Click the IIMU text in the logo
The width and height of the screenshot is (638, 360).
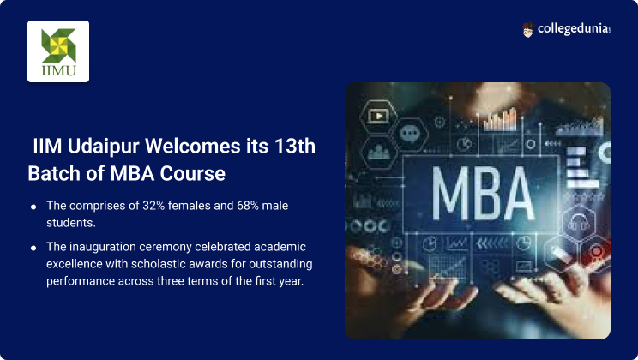[x=58, y=71]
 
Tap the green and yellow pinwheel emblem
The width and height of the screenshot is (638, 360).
[x=58, y=45]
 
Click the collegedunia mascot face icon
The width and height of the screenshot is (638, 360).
[x=527, y=30]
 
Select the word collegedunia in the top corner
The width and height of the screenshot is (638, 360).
[x=573, y=28]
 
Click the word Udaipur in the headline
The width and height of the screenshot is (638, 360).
[x=104, y=147]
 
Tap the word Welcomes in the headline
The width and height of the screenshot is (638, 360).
[x=192, y=146]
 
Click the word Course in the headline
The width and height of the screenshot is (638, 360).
[x=192, y=173]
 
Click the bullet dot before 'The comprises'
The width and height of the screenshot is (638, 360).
[x=33, y=207]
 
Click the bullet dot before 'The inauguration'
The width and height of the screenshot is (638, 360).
[x=33, y=248]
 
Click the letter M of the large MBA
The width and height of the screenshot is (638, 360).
[x=450, y=194]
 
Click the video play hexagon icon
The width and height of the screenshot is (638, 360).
[x=378, y=116]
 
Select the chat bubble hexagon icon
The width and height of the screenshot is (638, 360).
[x=409, y=134]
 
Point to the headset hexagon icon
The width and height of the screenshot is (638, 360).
[x=579, y=223]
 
